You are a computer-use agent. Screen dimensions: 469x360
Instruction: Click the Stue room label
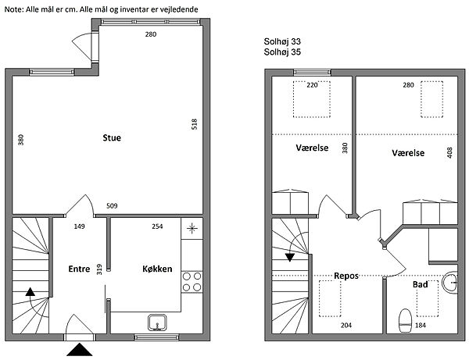click(x=112, y=137)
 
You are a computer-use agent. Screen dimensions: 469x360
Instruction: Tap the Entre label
click(x=79, y=269)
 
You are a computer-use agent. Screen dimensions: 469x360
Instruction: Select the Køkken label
click(x=157, y=269)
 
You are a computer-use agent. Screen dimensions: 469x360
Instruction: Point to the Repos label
click(x=346, y=276)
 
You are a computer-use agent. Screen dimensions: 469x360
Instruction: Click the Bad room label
click(x=421, y=284)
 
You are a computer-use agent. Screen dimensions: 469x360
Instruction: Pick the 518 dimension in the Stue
click(x=195, y=124)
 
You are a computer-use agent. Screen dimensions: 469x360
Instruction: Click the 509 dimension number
click(x=112, y=206)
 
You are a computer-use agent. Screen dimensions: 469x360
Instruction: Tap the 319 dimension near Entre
click(x=99, y=269)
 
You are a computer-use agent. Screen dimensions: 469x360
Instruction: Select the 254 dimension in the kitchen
click(x=157, y=226)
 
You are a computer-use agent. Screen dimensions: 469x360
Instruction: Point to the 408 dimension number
click(x=449, y=152)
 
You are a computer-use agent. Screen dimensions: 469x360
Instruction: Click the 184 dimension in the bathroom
click(x=421, y=326)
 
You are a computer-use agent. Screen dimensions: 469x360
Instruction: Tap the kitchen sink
click(x=157, y=323)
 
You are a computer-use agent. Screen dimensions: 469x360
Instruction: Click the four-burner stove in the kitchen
click(x=192, y=282)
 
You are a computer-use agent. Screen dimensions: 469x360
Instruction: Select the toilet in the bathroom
click(x=405, y=321)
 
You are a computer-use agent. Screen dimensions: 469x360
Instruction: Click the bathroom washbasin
click(x=450, y=283)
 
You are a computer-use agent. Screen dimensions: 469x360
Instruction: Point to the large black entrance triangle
click(x=79, y=350)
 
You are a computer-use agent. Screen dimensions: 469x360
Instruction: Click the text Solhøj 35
click(x=282, y=52)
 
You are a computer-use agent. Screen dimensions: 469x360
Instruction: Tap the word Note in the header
click(x=13, y=9)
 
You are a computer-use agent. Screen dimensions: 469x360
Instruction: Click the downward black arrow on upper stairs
click(x=290, y=258)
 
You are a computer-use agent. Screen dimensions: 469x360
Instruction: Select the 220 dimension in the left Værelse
click(x=312, y=85)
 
